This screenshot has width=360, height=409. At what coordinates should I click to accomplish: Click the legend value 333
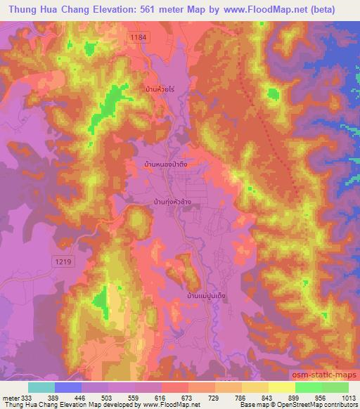click(x=26, y=397)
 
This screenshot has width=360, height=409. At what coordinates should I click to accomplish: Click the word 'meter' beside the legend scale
click(x=11, y=397)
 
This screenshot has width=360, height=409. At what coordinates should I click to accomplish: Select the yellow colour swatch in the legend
click(x=282, y=387)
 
